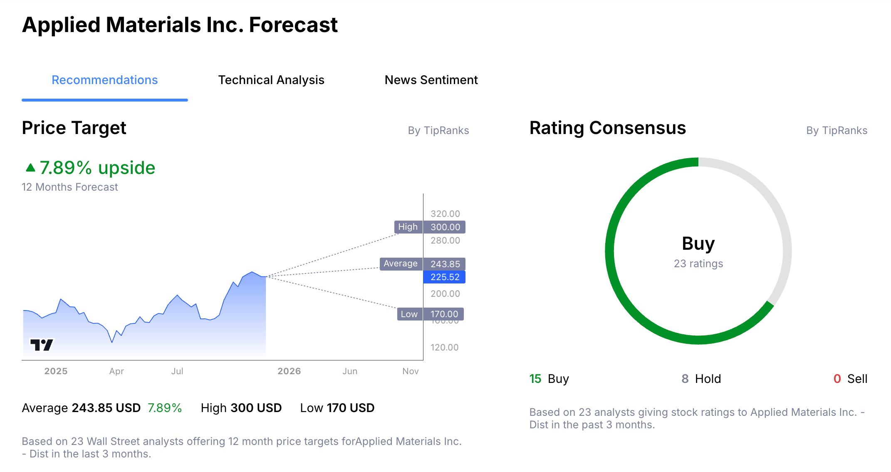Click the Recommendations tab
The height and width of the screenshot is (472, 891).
click(x=104, y=80)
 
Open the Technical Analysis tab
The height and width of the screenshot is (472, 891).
click(x=271, y=80)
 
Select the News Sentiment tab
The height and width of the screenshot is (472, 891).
click(x=431, y=80)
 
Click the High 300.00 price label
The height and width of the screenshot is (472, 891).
click(x=430, y=227)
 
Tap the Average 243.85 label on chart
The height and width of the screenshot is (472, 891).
click(x=422, y=264)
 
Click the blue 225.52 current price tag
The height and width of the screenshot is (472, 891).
click(x=444, y=277)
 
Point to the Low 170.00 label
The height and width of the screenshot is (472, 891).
click(x=431, y=314)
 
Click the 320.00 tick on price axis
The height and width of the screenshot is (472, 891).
click(x=445, y=214)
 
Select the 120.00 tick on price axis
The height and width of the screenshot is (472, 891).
click(x=444, y=347)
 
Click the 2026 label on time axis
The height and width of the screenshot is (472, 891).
click(x=289, y=371)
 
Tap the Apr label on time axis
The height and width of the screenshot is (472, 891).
click(x=116, y=371)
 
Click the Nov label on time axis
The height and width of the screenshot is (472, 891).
click(x=410, y=371)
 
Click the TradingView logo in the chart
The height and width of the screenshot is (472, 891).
click(x=42, y=345)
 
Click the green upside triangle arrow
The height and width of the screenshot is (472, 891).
click(x=30, y=168)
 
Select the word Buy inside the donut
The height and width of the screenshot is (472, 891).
click(x=698, y=243)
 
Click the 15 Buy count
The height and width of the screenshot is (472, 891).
click(x=549, y=379)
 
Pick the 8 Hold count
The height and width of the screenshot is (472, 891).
click(x=701, y=379)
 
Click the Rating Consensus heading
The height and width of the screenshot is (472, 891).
click(x=607, y=128)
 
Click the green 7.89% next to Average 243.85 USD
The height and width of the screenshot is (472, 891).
click(x=165, y=408)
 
